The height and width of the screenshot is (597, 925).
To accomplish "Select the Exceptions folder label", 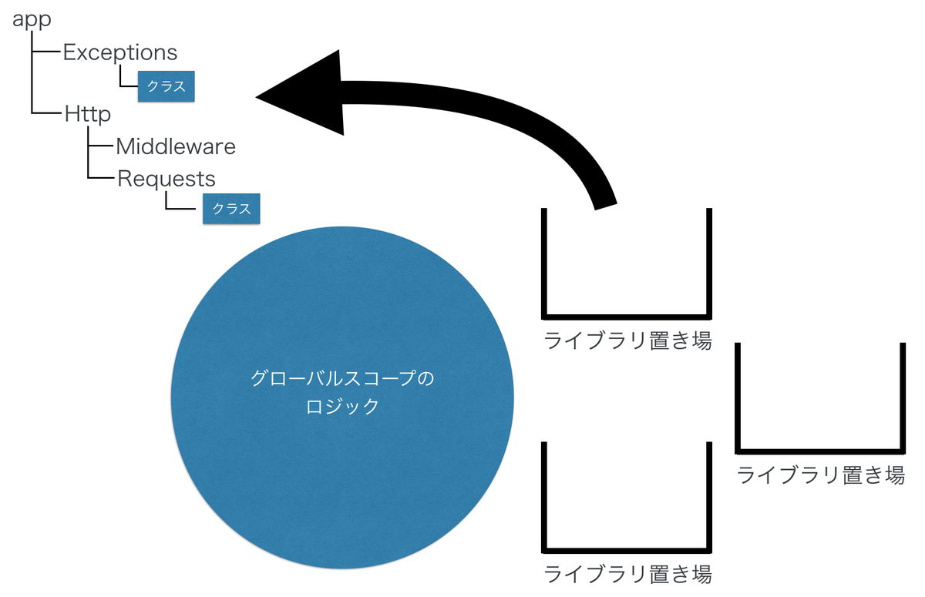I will pyautogui.click(x=120, y=52).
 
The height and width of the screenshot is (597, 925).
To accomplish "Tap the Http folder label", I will pyautogui.click(x=88, y=114).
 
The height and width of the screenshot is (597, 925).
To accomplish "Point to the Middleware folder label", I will pyautogui.click(x=176, y=146).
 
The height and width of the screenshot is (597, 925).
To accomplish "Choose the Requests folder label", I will pyautogui.click(x=166, y=178).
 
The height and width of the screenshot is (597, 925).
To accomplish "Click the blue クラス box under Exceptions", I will pyautogui.click(x=166, y=86).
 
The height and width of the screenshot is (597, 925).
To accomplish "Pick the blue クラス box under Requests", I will pyautogui.click(x=231, y=209).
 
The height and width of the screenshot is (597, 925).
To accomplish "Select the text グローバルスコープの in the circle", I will pyautogui.click(x=342, y=379).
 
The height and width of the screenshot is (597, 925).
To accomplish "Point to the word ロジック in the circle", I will pyautogui.click(x=342, y=406).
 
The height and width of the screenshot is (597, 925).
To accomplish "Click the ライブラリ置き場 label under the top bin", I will pyautogui.click(x=627, y=340).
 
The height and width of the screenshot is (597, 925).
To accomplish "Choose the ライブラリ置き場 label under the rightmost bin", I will pyautogui.click(x=820, y=475).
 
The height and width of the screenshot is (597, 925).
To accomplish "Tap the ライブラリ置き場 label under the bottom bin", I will pyautogui.click(x=627, y=574).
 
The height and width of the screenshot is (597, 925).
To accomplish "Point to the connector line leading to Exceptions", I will pyautogui.click(x=47, y=52).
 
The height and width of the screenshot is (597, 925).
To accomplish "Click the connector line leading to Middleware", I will pyautogui.click(x=102, y=146).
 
